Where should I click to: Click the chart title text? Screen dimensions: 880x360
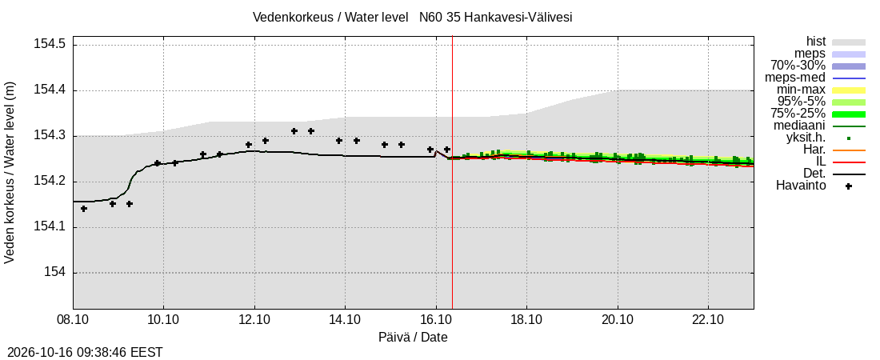[x=413, y=17]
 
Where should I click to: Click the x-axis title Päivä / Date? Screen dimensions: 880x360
[x=413, y=337]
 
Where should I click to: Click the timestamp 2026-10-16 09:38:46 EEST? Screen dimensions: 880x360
[x=82, y=353]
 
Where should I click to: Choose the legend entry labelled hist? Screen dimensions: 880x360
[x=815, y=41]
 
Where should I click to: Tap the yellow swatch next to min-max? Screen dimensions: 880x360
[x=849, y=90]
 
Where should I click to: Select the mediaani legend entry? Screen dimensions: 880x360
[x=799, y=126]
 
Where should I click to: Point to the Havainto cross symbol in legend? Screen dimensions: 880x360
[x=849, y=186]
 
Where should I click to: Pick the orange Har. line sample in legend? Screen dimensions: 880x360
[x=849, y=150]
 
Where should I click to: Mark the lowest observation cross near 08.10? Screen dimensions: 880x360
[x=84, y=208]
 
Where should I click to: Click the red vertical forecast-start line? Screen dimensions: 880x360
[x=452, y=172]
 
